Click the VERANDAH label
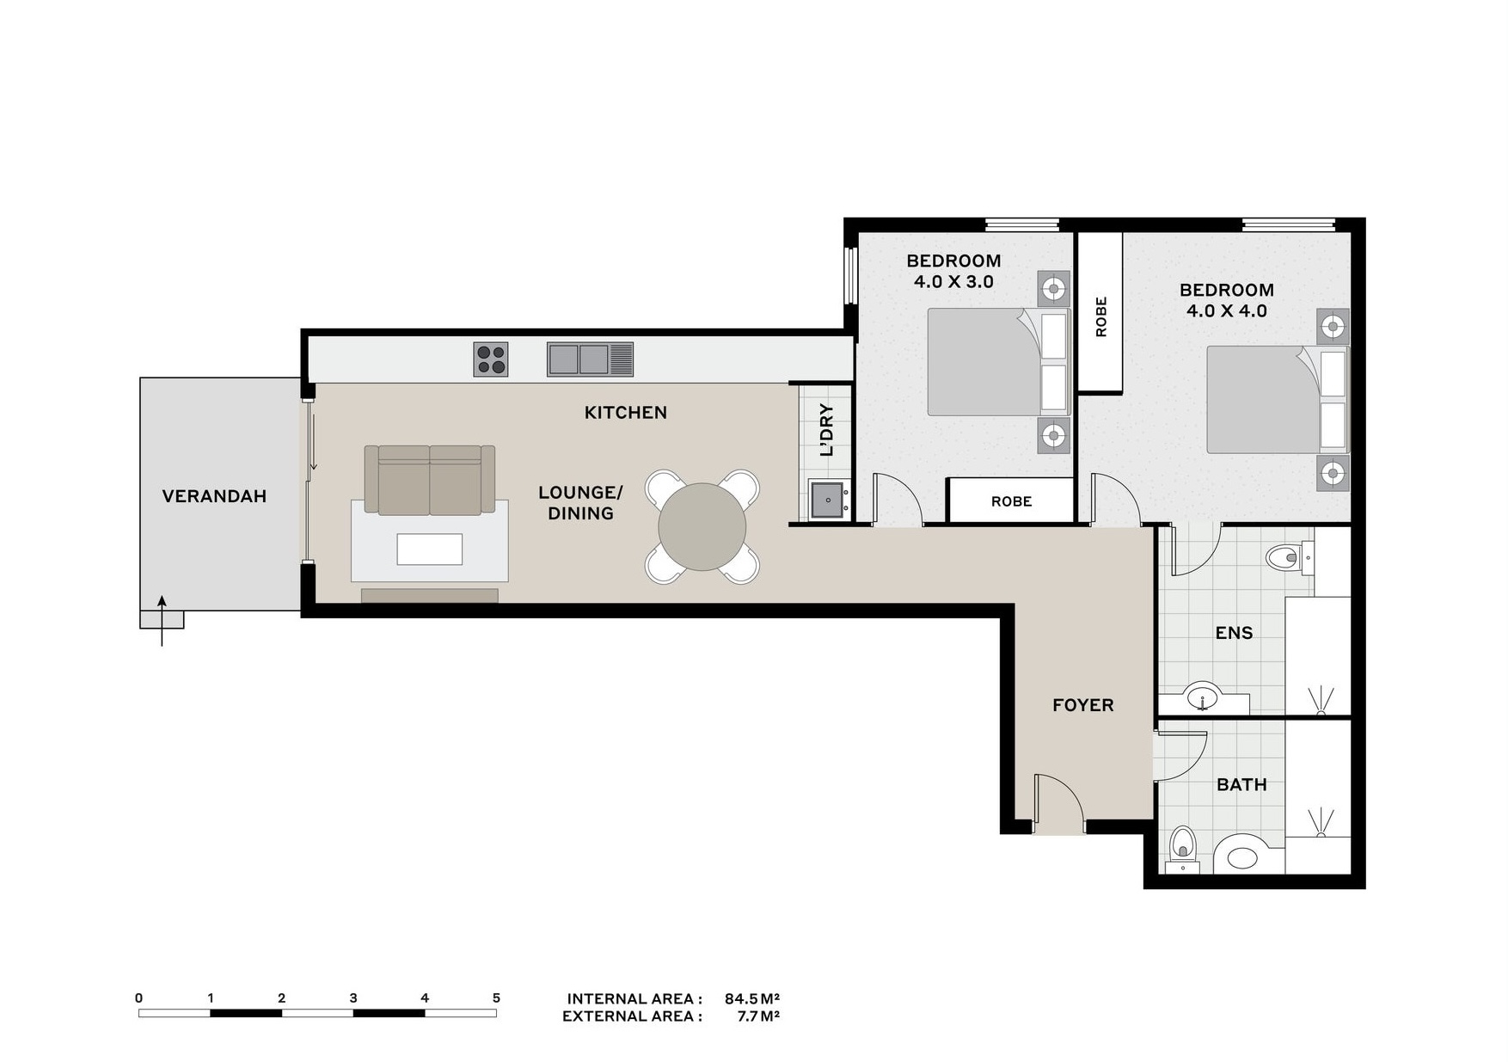coord(214,496)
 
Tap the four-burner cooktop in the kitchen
coord(491,359)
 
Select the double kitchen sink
coord(590,359)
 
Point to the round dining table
coord(702,526)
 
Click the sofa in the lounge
coord(430,480)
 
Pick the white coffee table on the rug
coord(430,549)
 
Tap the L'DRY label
coord(827,430)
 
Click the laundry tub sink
coord(828,500)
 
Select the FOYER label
coord(1083,705)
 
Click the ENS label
coord(1234,633)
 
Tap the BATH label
coord(1241,784)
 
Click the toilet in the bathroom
coord(1183,850)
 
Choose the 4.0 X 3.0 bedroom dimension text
coord(953,281)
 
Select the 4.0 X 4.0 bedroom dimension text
coord(1227,310)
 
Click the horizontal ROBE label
coord(1011,501)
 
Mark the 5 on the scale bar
coord(496,998)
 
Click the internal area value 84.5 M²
coord(752,998)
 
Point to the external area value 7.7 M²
coord(758,1016)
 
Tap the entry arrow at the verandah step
coord(162,620)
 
